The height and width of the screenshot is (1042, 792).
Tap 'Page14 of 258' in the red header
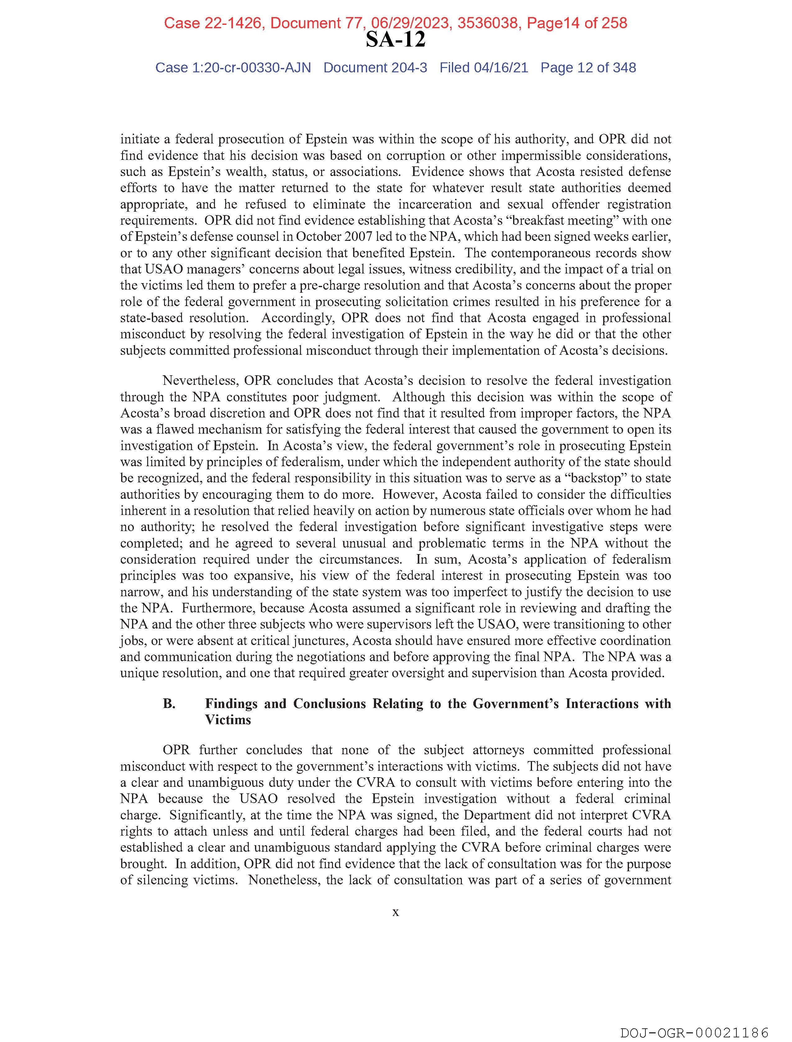(576, 23)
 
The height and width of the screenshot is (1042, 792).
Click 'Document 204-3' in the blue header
(375, 68)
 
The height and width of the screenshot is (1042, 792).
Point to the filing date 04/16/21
(501, 68)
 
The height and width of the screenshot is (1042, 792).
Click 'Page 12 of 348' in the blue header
(588, 68)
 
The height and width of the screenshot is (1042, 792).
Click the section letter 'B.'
(169, 704)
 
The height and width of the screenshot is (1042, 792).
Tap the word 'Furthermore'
(219, 608)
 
